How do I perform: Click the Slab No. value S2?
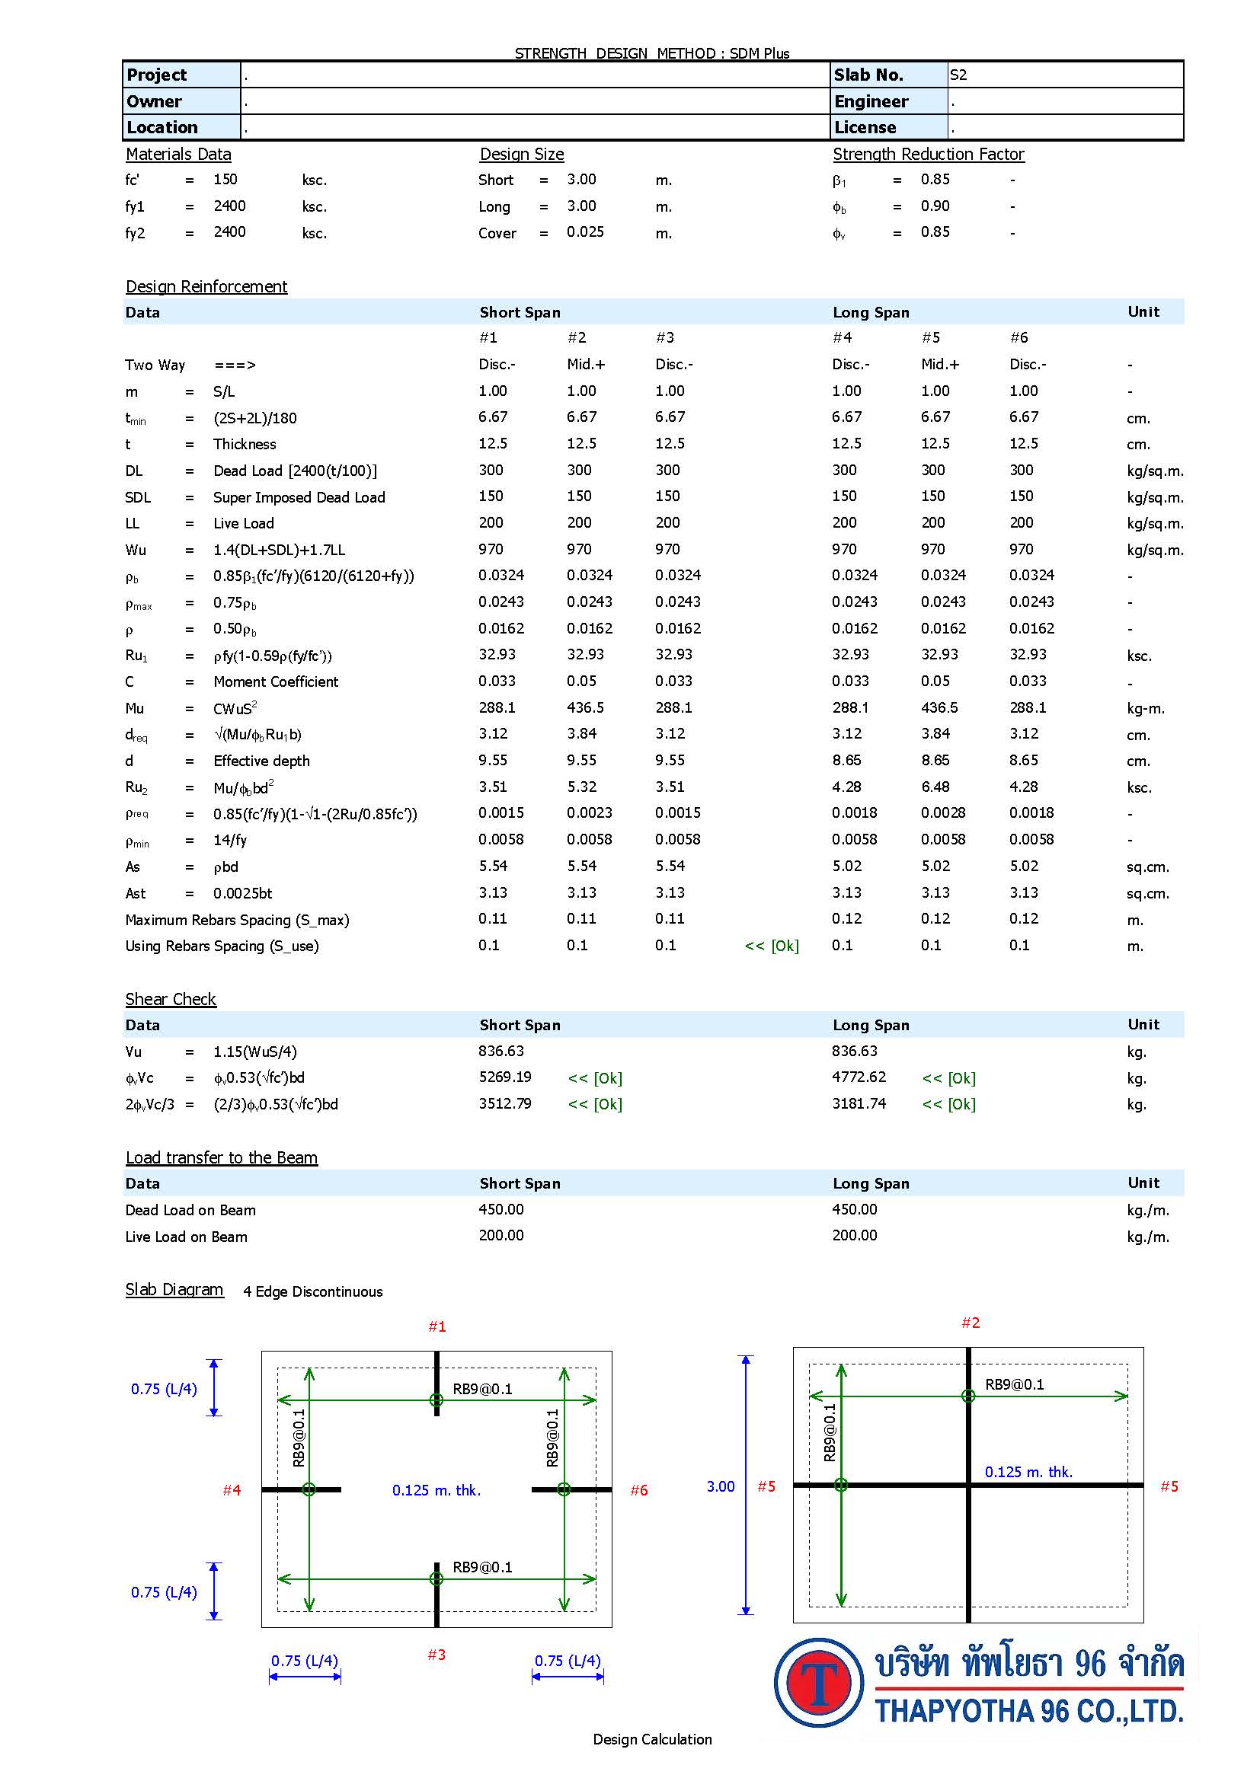click(x=958, y=75)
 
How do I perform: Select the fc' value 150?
click(x=225, y=179)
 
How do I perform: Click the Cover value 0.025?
click(x=585, y=232)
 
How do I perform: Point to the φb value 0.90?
click(x=935, y=206)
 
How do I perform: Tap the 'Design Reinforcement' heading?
click(x=206, y=286)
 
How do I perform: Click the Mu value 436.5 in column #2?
click(x=585, y=707)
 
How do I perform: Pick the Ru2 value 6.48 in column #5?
click(x=935, y=787)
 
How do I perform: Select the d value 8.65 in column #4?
click(x=846, y=760)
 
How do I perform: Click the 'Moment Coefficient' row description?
click(x=276, y=681)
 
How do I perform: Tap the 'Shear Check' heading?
click(x=171, y=999)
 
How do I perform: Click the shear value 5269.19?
click(x=504, y=1077)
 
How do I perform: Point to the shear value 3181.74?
click(x=858, y=1104)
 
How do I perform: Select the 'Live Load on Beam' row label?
click(x=186, y=1237)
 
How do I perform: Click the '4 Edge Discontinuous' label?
click(x=312, y=1291)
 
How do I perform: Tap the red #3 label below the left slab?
click(x=437, y=1655)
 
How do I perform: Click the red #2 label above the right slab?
click(x=971, y=1323)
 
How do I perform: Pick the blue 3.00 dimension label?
click(x=720, y=1486)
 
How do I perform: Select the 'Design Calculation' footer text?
click(x=652, y=1739)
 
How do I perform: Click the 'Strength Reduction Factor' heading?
click(x=928, y=155)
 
